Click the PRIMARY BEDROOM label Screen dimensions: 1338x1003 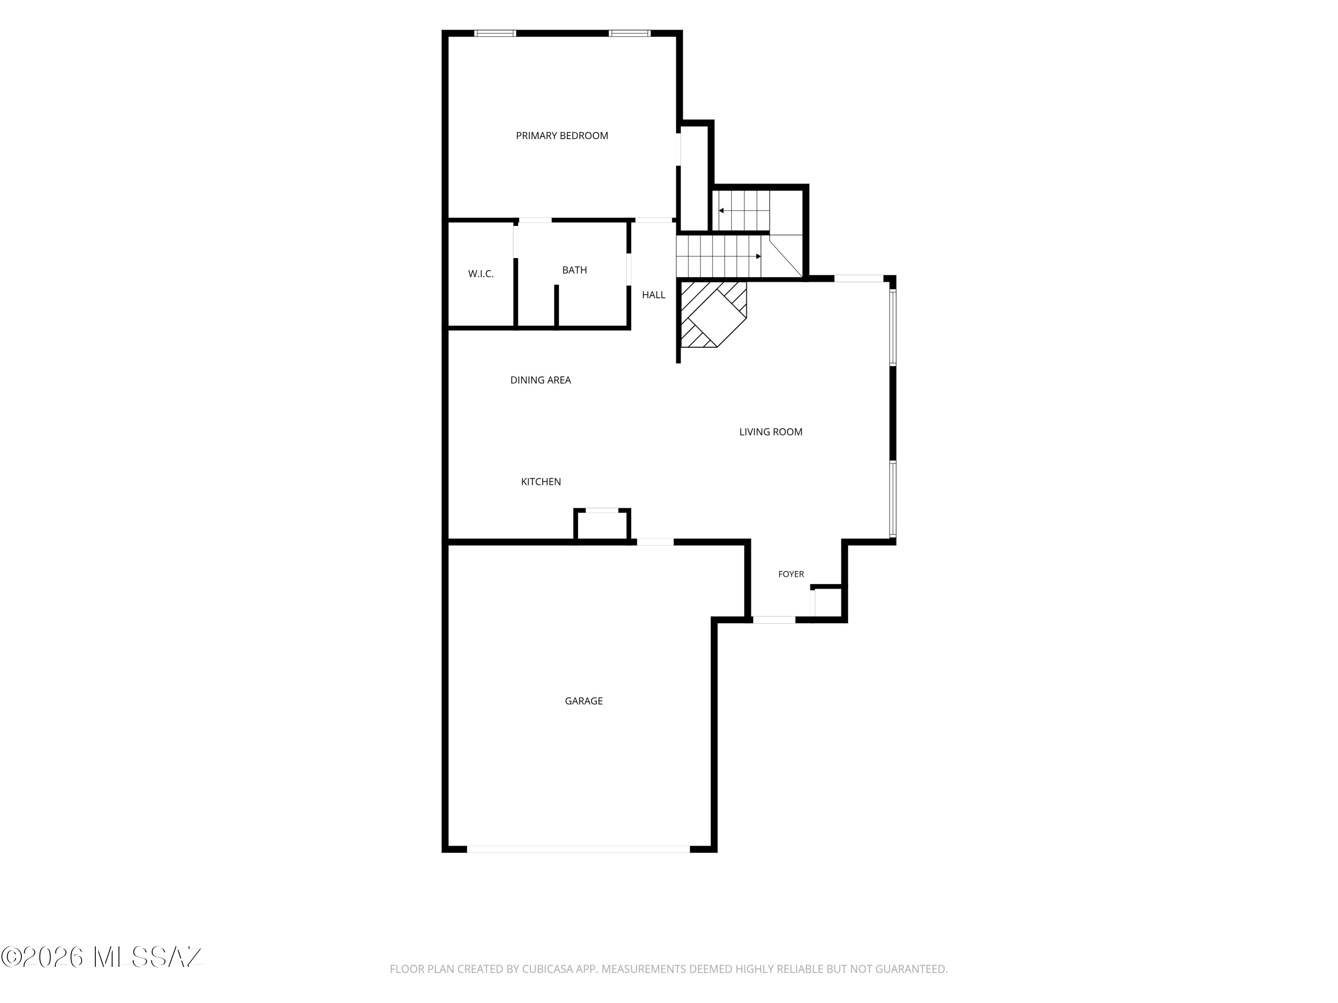562,136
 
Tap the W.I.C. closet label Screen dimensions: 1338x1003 481,274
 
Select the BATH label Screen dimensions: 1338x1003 574,270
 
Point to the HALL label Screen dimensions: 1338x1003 653,295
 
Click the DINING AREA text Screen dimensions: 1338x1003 541,380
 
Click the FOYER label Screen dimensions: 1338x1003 791,574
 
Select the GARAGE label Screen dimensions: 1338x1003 584,701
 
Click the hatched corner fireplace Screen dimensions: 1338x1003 714,314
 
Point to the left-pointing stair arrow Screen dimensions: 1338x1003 744,211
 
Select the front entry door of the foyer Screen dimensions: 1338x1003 774,620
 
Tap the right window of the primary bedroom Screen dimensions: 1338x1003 630,33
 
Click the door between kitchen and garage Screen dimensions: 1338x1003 655,542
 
